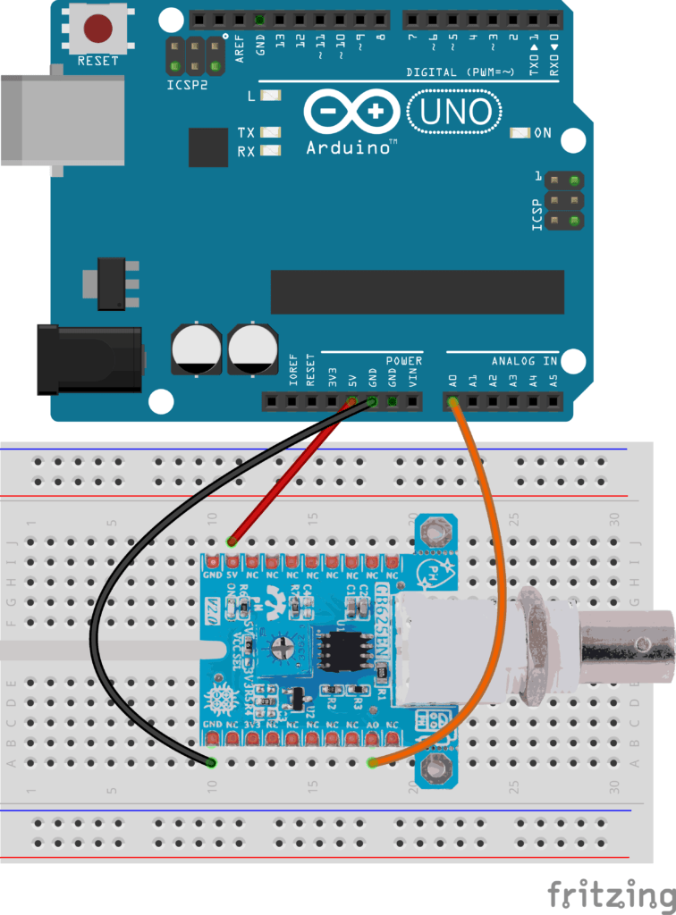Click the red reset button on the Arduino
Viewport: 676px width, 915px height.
[x=97, y=29]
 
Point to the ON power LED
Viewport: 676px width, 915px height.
[x=517, y=133]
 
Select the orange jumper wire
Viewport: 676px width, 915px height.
[x=487, y=536]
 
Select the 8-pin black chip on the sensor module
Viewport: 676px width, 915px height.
[x=345, y=652]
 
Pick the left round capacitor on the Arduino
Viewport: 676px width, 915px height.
[x=196, y=349]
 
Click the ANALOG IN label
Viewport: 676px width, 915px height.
[x=524, y=361]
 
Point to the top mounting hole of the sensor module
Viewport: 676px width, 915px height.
[x=435, y=533]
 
